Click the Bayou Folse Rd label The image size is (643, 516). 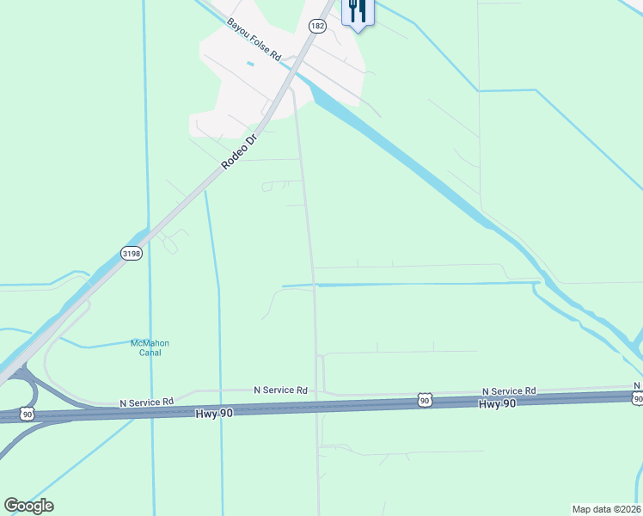[x=254, y=39]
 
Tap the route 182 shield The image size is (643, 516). [x=318, y=27]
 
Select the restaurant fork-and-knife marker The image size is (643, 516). [x=357, y=12]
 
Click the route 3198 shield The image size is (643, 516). [x=131, y=253]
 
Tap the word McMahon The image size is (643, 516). [x=145, y=343]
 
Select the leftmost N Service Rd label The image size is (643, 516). [x=146, y=402]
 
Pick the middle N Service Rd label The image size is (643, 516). [x=280, y=390]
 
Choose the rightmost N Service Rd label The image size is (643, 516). [x=509, y=390]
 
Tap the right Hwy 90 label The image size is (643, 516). [x=497, y=403]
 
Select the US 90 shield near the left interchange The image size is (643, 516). [x=28, y=414]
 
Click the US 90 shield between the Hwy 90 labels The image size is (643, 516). [x=425, y=401]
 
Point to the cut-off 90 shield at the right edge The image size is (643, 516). [x=637, y=398]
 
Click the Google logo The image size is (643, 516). [x=28, y=506]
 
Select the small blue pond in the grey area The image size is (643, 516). [x=250, y=64]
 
